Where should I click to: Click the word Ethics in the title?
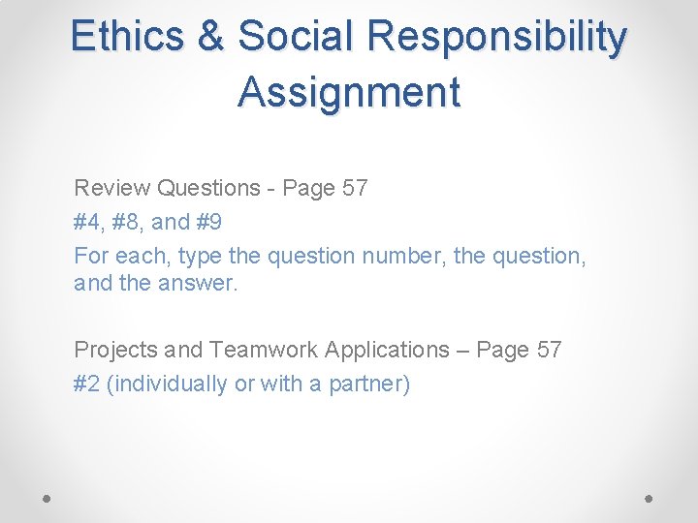(x=127, y=37)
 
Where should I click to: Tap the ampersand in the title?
(x=210, y=37)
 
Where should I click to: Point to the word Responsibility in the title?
(x=496, y=37)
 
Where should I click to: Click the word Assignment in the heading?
(x=349, y=93)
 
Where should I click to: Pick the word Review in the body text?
(x=111, y=188)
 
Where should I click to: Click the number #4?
(x=87, y=222)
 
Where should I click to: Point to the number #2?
(x=87, y=384)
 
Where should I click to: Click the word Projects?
(x=115, y=350)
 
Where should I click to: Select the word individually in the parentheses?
(x=169, y=384)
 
